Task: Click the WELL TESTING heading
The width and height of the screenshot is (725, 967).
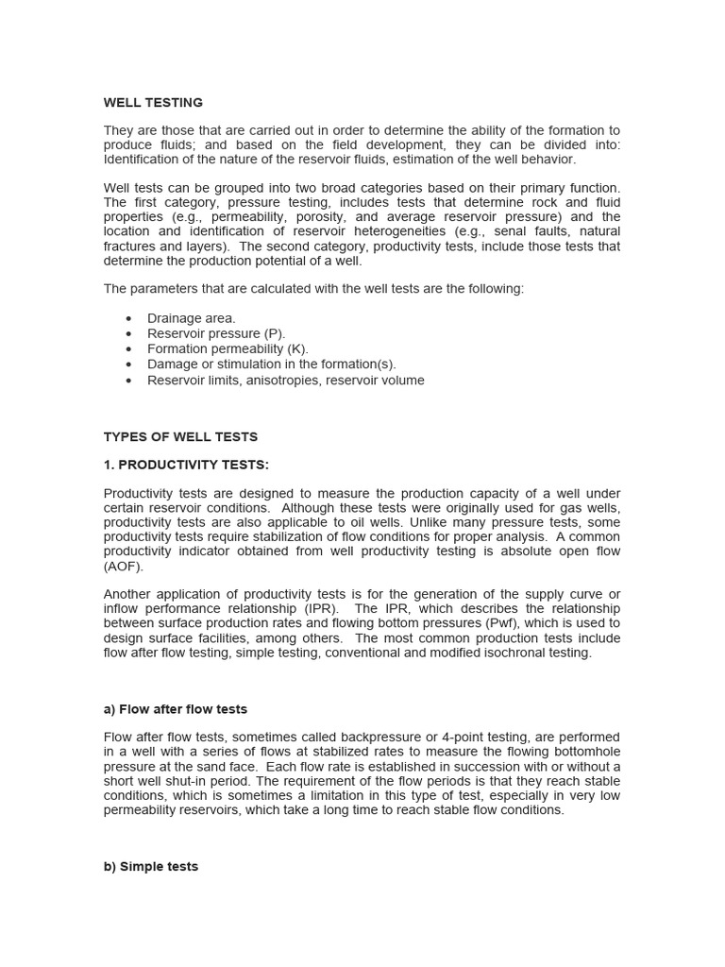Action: [x=153, y=102]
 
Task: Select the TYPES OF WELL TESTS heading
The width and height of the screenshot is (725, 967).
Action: [x=180, y=437]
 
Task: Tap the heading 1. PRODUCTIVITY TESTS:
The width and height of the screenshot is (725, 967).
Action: [x=186, y=465]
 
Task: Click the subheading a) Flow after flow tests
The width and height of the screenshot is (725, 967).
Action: [x=176, y=709]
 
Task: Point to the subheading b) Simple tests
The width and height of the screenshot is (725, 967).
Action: [x=151, y=866]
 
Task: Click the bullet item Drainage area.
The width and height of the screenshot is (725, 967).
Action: [x=192, y=318]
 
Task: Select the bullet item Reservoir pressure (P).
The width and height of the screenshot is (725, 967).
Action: [x=216, y=333]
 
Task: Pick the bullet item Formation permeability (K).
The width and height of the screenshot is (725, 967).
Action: [x=228, y=348]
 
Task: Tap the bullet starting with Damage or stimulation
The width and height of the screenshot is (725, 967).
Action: [x=272, y=364]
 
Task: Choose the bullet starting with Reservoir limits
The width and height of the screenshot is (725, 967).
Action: [x=286, y=380]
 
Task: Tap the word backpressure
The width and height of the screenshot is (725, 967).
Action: [x=397, y=737]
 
